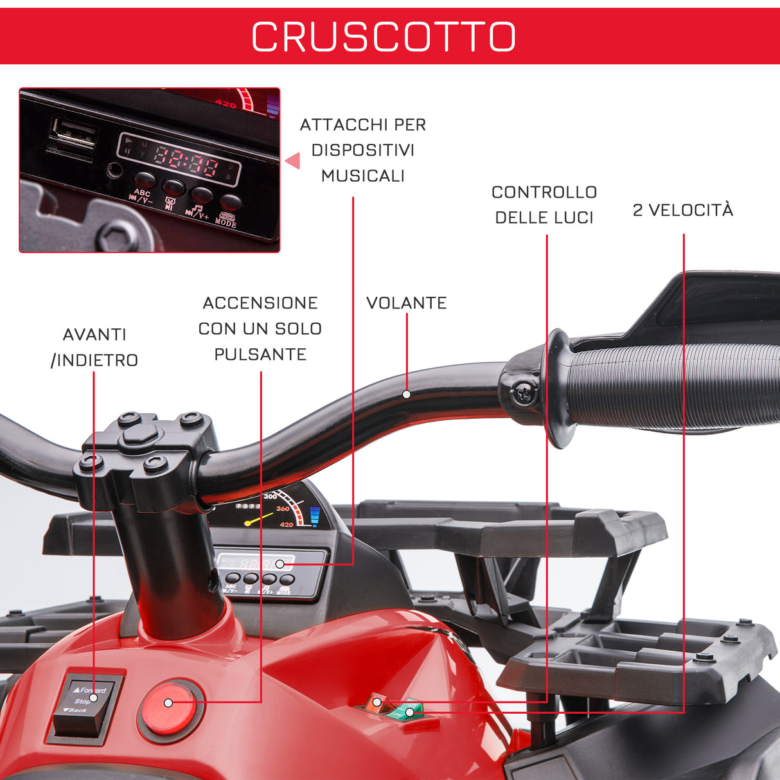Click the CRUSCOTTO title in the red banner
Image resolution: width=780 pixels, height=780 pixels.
tap(384, 37)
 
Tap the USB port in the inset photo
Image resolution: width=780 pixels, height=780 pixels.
tap(73, 136)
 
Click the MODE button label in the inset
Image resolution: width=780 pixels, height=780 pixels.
tap(226, 222)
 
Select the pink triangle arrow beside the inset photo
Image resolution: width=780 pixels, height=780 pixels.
tap(293, 160)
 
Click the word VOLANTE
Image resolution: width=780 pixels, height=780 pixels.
tap(406, 303)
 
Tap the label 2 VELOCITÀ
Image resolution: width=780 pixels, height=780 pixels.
tap(682, 210)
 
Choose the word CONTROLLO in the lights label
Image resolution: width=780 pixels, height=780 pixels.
tap(544, 192)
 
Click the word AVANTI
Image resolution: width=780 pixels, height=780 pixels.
tap(94, 335)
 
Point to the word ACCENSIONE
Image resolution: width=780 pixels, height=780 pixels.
tap(260, 303)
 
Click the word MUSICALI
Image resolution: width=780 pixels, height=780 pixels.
tap(362, 176)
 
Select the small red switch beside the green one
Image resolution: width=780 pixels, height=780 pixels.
tap(374, 702)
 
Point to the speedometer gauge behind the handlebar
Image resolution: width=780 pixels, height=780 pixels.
tap(276, 511)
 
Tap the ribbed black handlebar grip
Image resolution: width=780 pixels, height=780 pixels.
tap(668, 386)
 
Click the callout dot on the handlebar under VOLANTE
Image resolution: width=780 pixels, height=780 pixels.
tap(406, 394)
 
